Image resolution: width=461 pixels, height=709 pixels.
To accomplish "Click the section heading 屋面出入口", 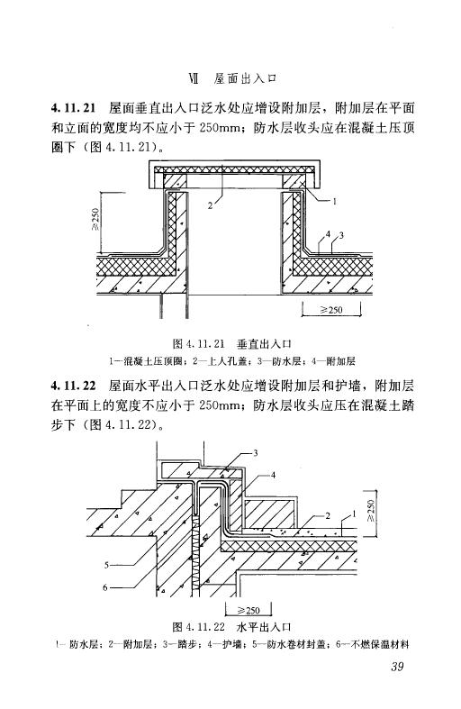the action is tap(246, 79).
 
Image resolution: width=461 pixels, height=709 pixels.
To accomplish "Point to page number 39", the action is tap(397, 666).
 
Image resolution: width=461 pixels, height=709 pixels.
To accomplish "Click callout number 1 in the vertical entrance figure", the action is tap(334, 201).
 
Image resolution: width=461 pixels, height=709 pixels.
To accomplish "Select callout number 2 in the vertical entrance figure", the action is tap(210, 205).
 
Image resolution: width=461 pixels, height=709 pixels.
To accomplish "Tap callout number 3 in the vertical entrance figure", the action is tap(341, 235).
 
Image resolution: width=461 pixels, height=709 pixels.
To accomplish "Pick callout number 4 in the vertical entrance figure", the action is tap(328, 234).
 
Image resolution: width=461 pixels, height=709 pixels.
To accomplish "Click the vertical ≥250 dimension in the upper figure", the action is tap(95, 219).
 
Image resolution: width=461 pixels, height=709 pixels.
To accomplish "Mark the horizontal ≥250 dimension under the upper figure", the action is tap(331, 310).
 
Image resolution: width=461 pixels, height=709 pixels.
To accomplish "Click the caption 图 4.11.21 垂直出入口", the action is tap(232, 344).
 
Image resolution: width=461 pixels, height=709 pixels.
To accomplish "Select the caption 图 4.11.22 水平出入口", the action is tap(232, 627).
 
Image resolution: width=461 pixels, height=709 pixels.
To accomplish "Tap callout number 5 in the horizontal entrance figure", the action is tap(106, 565).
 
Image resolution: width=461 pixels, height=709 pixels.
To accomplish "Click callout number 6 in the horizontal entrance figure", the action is tap(105, 587).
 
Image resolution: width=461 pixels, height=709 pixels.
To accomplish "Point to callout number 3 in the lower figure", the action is tap(256, 452).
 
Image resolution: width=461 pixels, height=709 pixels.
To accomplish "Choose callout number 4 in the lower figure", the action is tap(273, 476).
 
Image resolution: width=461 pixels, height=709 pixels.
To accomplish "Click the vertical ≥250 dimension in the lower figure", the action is tap(371, 512).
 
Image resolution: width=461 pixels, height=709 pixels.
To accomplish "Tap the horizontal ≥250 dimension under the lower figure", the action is tap(249, 610).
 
